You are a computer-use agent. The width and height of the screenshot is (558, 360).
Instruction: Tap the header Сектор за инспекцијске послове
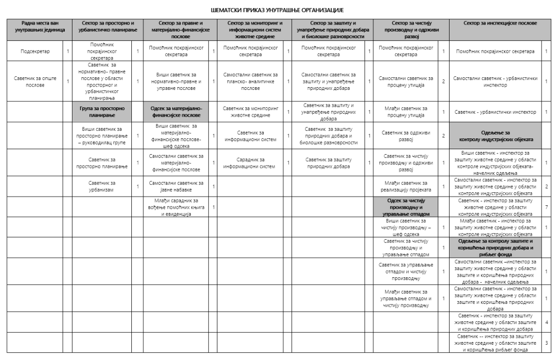point(500,23)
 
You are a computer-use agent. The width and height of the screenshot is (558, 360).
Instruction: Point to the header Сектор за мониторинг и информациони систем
point(250,27)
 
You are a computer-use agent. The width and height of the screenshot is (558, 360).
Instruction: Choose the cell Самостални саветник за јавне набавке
point(176,186)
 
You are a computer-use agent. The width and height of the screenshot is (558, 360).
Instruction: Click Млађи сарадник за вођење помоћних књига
point(176,208)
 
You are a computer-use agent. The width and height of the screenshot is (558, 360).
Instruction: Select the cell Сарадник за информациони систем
point(250,163)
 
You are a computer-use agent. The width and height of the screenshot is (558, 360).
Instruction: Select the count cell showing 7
point(547,207)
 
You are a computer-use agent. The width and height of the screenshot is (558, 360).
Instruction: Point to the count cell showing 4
point(547,322)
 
